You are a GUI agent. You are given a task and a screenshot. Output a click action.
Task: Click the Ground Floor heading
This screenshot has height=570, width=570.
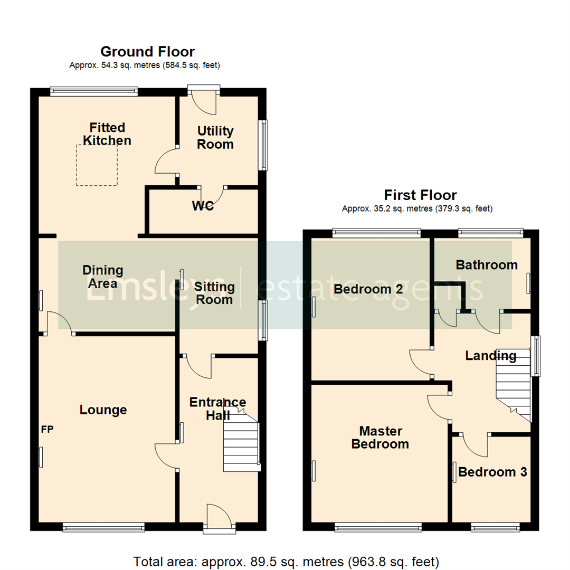pos(147,52)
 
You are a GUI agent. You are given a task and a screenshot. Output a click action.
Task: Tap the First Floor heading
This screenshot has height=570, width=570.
pos(420,195)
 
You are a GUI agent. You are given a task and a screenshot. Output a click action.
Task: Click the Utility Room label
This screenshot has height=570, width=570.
pos(215,137)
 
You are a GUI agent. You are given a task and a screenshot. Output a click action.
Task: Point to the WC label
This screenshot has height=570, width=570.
pos(203,206)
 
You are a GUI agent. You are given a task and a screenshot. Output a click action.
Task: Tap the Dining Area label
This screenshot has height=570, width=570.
pos(103,277)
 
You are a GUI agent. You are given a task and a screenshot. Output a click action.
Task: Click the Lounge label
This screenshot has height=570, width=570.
pos(103,410)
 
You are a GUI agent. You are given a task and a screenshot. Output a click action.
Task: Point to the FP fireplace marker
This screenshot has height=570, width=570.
pos(47,430)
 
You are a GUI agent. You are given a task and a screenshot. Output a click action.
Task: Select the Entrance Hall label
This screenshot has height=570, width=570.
pos(217,408)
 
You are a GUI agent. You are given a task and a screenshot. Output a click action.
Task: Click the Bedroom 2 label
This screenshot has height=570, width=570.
pos(368,289)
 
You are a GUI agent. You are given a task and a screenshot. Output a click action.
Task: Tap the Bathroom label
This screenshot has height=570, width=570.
pos(487,265)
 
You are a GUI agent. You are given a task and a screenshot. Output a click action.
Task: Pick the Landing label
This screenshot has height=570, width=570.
pos(490,356)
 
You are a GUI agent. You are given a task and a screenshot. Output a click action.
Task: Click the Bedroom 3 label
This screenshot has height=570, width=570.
pos(492,472)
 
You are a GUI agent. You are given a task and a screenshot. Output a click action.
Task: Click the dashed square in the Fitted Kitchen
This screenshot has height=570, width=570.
pos(97,165)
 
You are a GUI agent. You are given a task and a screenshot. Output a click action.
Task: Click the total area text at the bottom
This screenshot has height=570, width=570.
pos(286,562)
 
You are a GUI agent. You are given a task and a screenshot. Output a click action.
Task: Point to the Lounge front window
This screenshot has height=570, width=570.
pos(103,526)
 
